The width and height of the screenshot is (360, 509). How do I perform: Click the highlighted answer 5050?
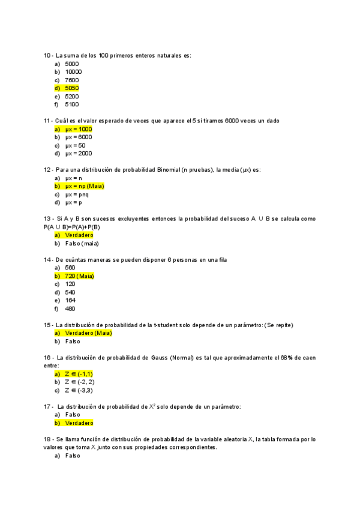point(71,88)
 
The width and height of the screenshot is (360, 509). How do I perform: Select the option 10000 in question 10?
point(73,71)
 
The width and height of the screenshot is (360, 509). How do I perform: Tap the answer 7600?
point(71,80)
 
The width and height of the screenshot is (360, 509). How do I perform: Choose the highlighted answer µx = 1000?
point(78,129)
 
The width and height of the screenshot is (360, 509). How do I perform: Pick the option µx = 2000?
point(78,154)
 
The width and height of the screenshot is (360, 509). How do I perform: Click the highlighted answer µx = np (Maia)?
point(84,186)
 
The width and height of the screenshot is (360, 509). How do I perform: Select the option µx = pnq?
point(77,194)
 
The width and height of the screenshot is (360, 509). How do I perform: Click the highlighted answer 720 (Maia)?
point(79,276)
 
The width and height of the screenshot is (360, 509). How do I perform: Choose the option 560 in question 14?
point(70,268)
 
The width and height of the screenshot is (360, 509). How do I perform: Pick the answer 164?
point(70,300)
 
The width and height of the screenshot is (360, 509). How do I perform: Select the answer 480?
point(70,309)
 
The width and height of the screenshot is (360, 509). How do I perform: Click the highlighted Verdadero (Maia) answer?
point(88,333)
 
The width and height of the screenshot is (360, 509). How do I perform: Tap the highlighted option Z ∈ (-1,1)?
point(79,374)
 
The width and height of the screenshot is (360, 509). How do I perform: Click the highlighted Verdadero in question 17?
point(79,423)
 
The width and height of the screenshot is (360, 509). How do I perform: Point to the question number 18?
point(47,439)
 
